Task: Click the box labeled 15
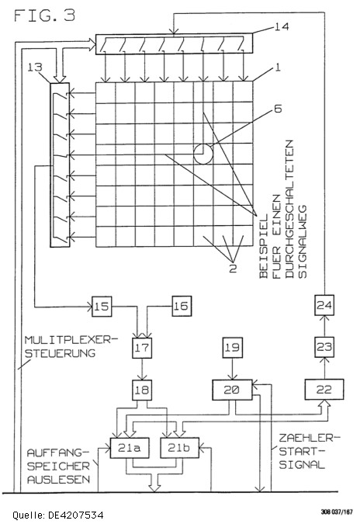coord(102,307)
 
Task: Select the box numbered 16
coord(182,306)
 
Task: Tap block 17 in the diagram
coord(142,348)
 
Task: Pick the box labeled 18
coord(142,390)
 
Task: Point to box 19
coord(232,348)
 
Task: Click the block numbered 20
coord(232,390)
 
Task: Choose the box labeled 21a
coord(130,448)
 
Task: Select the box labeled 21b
coord(179,448)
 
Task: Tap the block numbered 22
coord(324,390)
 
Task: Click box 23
coord(324,347)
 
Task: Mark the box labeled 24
coord(324,305)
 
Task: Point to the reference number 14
coord(282,26)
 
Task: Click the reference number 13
coord(35,67)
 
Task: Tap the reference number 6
coord(278,109)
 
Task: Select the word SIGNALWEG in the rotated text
coord(302,241)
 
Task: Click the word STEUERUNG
coord(61,353)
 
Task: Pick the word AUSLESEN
coord(58,480)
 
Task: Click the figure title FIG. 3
coord(44,16)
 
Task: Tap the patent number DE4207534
coord(76,515)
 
